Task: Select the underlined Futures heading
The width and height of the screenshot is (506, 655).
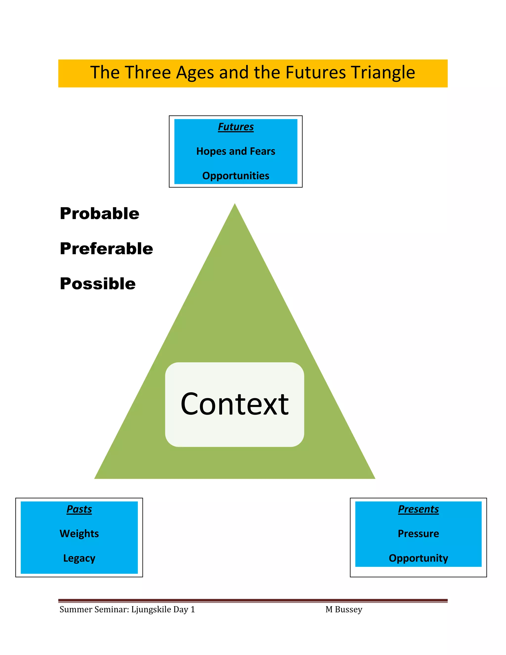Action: (x=236, y=127)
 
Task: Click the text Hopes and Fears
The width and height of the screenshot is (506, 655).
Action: (x=236, y=151)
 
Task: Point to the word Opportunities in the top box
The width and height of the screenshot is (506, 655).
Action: (x=236, y=176)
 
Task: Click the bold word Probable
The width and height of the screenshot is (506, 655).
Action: (x=100, y=214)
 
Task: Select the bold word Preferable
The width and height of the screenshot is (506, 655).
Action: (x=106, y=249)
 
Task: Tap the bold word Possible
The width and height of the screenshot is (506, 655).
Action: (x=98, y=284)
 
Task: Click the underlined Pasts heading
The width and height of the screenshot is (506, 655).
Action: (x=79, y=509)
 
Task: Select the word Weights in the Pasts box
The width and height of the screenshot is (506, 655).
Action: (x=79, y=534)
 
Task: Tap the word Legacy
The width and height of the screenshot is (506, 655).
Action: (x=79, y=558)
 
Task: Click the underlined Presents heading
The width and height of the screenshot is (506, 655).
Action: (x=418, y=509)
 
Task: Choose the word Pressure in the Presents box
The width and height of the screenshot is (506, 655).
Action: (x=418, y=534)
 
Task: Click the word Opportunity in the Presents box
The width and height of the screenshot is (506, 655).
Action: (x=418, y=558)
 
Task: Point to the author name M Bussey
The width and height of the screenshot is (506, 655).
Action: (x=344, y=610)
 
